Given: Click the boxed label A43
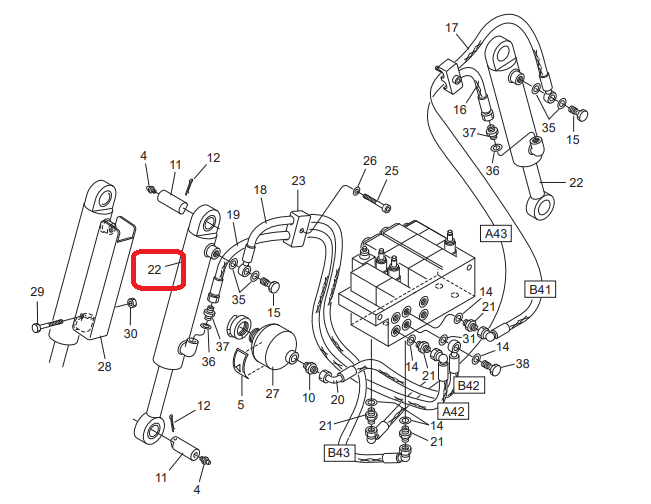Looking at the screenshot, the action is (x=496, y=233).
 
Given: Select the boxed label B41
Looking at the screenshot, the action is (x=540, y=289).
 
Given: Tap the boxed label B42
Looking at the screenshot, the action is (x=468, y=385).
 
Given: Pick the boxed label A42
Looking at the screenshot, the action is (x=453, y=411).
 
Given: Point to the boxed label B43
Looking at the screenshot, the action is (x=339, y=453).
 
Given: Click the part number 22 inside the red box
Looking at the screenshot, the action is (x=154, y=270).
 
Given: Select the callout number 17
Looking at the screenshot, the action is (x=452, y=28).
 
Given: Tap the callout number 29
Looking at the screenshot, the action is (x=37, y=291).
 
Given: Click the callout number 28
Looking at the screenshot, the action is (x=104, y=366).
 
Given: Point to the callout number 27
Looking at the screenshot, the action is (x=272, y=393).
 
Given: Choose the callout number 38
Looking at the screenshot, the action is (x=522, y=364).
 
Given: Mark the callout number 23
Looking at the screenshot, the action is (x=298, y=181).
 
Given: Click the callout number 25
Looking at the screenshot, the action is (x=391, y=171).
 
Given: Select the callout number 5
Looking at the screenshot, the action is (x=241, y=404).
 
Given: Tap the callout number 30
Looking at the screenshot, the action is (x=130, y=333).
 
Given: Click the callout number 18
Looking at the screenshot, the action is (x=260, y=190).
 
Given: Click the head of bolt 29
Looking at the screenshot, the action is (x=37, y=327).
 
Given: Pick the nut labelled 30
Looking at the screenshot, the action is (x=131, y=303).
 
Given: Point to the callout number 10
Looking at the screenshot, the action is (x=308, y=398).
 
